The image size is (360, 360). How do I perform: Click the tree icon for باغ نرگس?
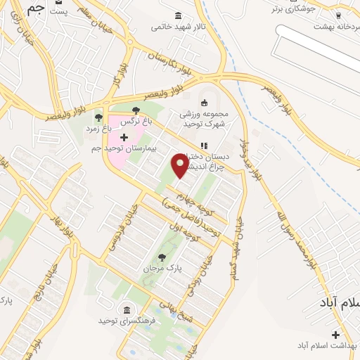pyautogui.click(x=136, y=110)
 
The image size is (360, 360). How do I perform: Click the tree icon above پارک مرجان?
pyautogui.click(x=163, y=257)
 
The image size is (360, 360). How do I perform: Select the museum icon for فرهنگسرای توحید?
pyautogui.click(x=127, y=310)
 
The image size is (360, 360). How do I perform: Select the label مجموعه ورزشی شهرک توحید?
pyautogui.click(x=210, y=120)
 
